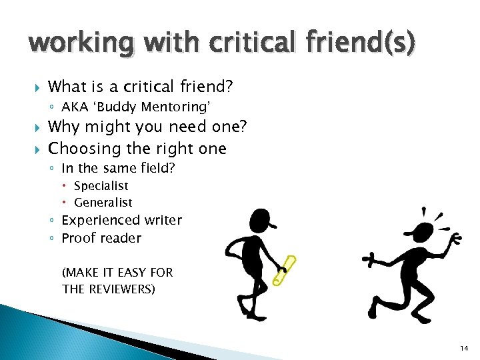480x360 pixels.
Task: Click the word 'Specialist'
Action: [101, 186]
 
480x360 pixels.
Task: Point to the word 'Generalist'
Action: [103, 203]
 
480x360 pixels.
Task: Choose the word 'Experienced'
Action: [99, 221]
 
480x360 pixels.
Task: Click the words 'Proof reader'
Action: [101, 238]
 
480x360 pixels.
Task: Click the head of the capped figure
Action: [261, 219]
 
